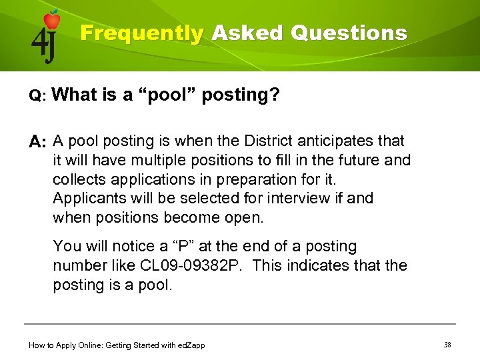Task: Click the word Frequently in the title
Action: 141,33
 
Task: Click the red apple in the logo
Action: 51,20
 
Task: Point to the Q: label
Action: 37,97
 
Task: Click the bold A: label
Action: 37,142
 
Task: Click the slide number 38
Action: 447,344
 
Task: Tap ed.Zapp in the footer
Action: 191,345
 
